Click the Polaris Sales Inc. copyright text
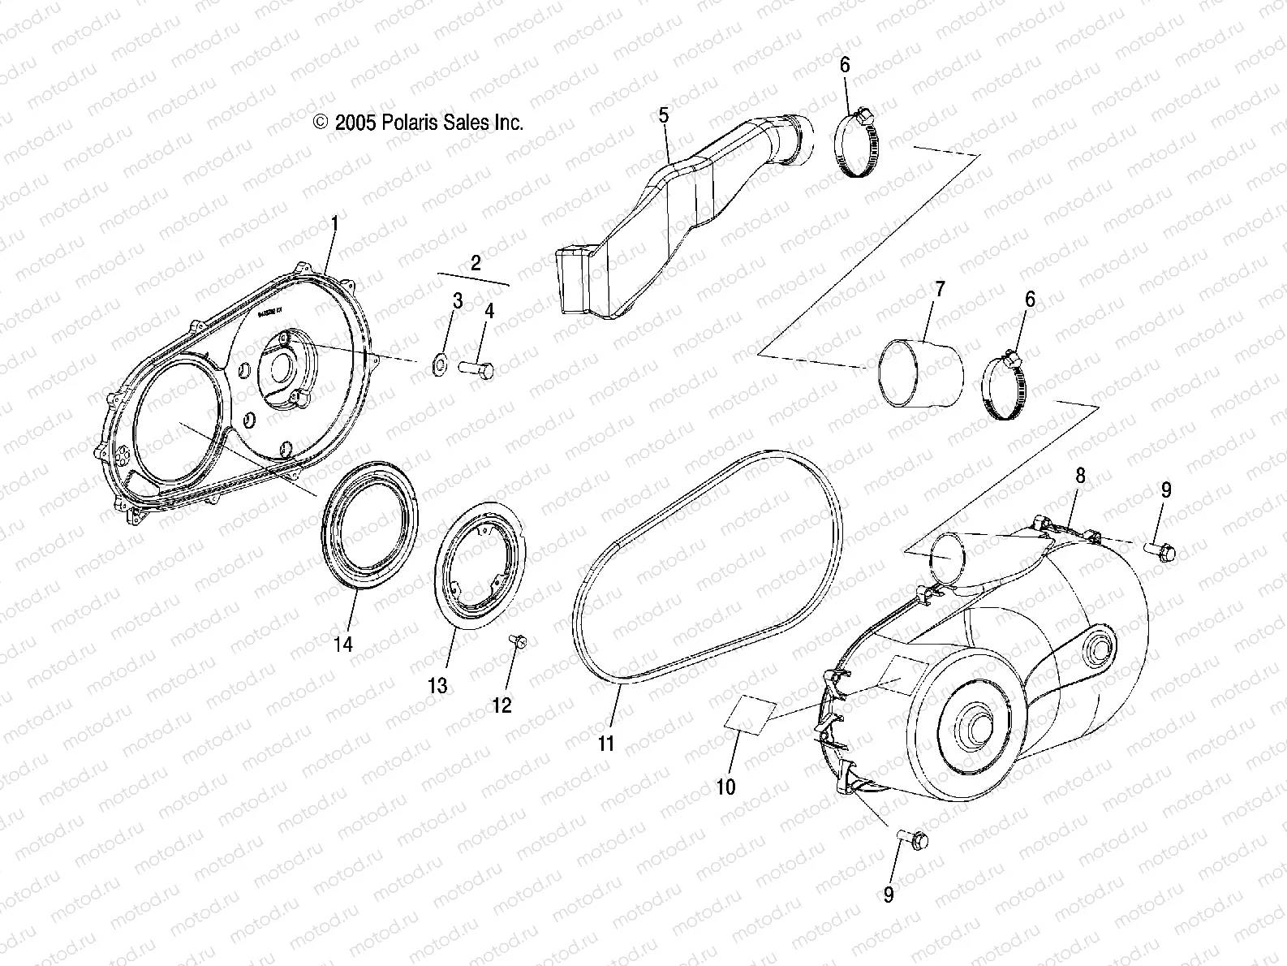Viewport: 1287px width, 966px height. pos(418,123)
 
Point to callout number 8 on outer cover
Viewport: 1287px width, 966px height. pos(1080,476)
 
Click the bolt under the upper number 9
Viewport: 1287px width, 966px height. pos(1160,550)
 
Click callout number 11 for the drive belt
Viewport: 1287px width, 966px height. pos(606,743)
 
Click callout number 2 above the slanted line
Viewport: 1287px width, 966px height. pos(476,262)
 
